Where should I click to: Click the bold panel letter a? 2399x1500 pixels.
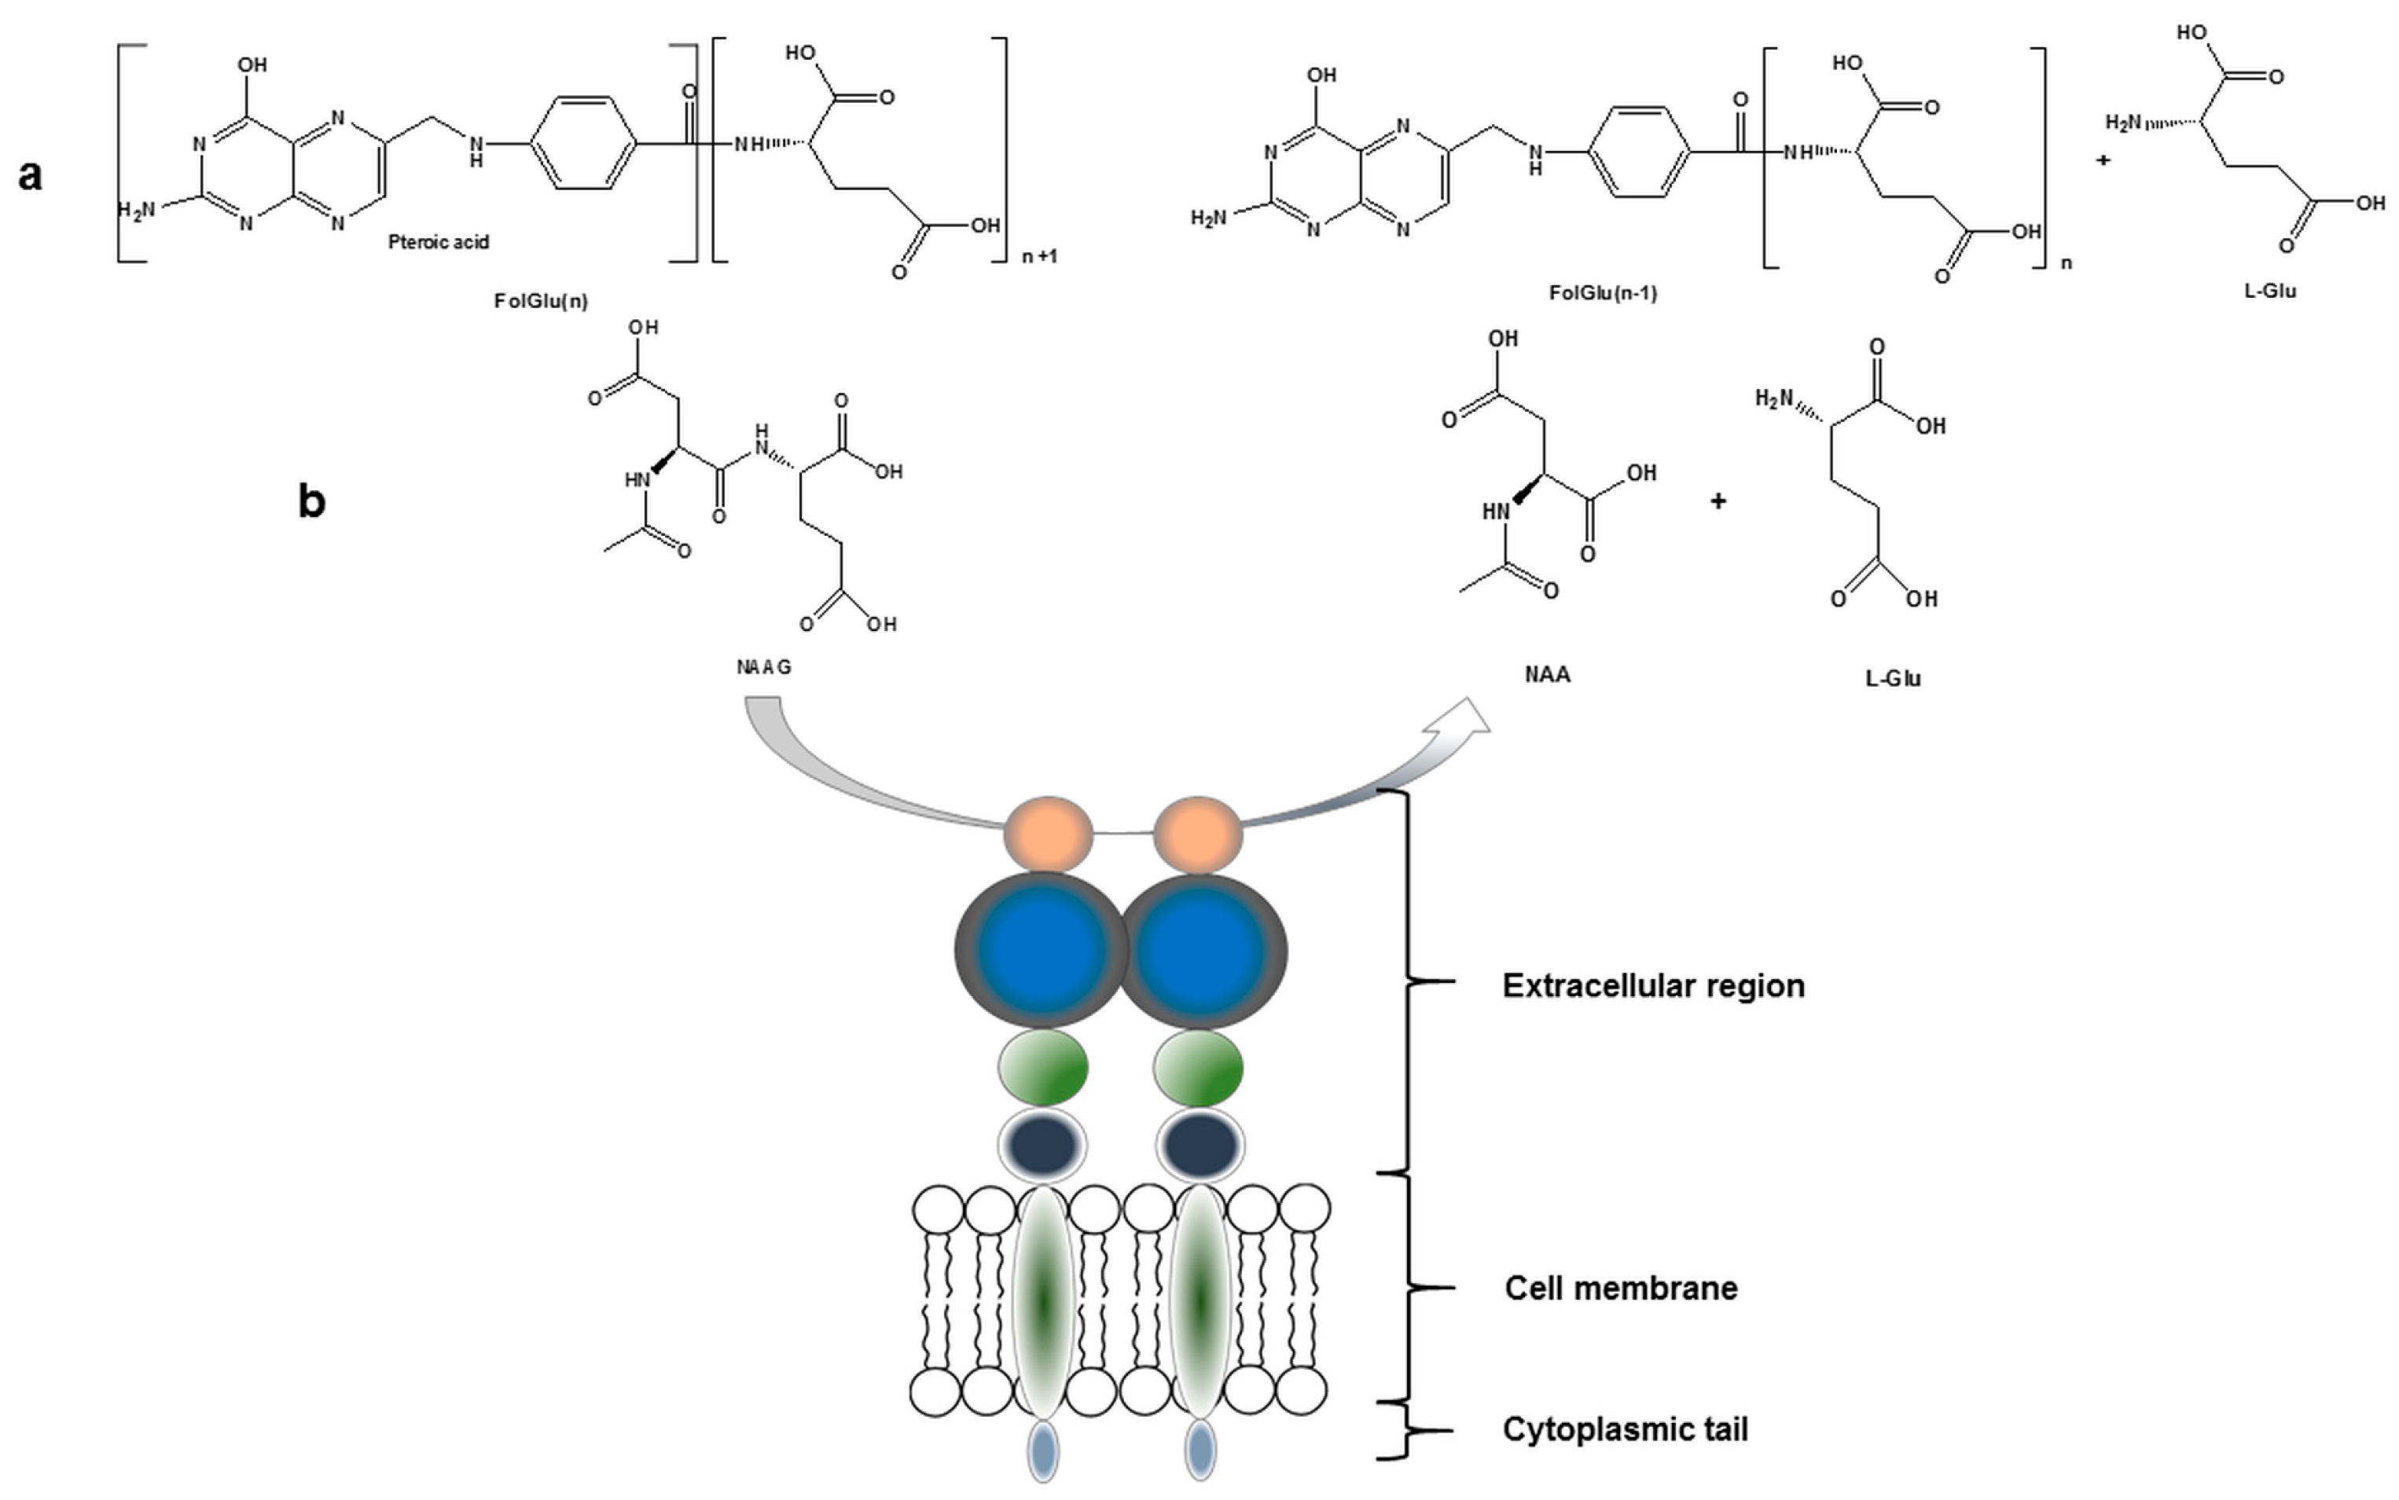tap(30, 174)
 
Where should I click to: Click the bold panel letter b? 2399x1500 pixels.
tap(311, 502)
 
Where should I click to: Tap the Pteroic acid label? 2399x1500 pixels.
tap(439, 242)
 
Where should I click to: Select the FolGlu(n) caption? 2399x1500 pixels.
tap(541, 301)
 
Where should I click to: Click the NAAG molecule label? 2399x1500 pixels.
tap(764, 668)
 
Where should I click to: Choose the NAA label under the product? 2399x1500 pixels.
tap(1548, 676)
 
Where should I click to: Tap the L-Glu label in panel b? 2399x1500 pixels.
tap(1893, 680)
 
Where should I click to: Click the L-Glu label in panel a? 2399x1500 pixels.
tap(2270, 292)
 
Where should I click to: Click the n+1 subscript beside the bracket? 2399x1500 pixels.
tap(1040, 257)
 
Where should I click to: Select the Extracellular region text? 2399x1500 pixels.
tap(1653, 986)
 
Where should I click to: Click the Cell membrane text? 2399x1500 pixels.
tap(1621, 1289)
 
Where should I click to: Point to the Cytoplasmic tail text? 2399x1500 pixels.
tap(1625, 1429)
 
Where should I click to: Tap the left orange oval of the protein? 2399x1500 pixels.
tap(1048, 834)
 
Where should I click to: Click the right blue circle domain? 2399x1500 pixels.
tap(1200, 951)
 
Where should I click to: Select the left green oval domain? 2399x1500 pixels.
tap(1043, 1068)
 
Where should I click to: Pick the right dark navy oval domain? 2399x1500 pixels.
tap(1199, 1146)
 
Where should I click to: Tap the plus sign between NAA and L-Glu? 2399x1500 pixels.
tap(1718, 502)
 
